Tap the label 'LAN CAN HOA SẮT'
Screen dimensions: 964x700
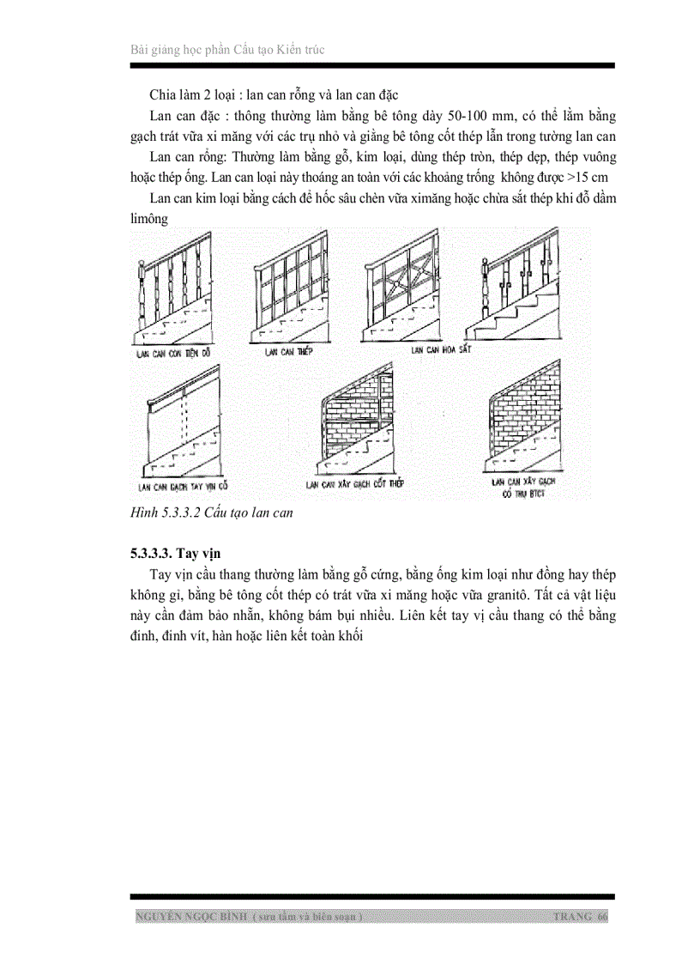pos(440,350)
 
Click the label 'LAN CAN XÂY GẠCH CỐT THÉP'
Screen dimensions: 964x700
pos(355,484)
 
